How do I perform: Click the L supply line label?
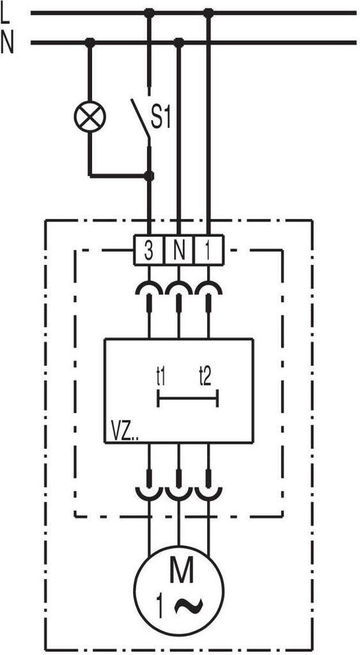coord(5,14)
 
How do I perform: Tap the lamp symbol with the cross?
coord(90,116)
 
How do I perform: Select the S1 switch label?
coord(160,118)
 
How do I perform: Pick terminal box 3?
coord(149,250)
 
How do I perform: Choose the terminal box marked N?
coord(179,250)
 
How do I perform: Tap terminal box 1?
coord(209,250)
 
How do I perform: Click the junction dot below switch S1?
coord(149,176)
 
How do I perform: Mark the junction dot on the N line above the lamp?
coord(90,42)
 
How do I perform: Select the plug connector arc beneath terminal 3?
coord(149,287)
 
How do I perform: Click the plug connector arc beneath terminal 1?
coord(209,287)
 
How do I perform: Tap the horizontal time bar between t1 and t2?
coord(187,398)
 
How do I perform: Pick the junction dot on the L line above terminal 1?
coord(208,13)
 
